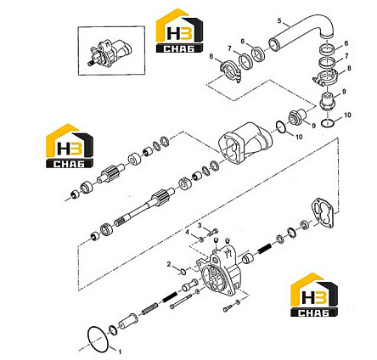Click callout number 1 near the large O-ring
click(x=120, y=352)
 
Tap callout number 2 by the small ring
click(x=169, y=264)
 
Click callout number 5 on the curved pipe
click(x=280, y=20)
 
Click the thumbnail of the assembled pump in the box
click(x=111, y=53)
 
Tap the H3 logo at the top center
click(x=180, y=31)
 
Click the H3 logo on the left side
click(x=70, y=146)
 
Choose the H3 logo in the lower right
click(x=314, y=295)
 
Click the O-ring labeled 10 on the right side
click(x=328, y=123)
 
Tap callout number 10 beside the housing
click(x=299, y=137)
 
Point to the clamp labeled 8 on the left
click(x=230, y=70)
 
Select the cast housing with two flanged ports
click(x=245, y=143)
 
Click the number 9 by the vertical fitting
click(x=344, y=92)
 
